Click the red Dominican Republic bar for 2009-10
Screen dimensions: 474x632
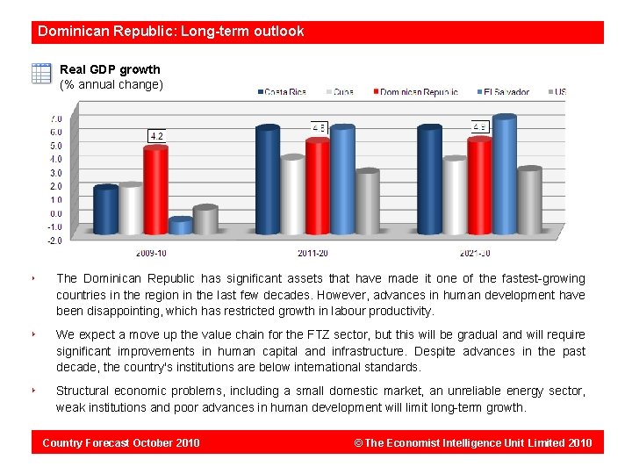[x=155, y=190]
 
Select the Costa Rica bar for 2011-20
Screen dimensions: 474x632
[x=267, y=180]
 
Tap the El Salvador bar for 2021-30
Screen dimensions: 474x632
[x=504, y=175]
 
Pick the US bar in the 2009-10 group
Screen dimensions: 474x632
[x=205, y=220]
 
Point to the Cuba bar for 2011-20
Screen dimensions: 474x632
[x=292, y=195]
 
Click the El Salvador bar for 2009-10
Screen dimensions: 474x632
[x=180, y=226]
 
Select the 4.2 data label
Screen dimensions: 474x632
[x=157, y=136]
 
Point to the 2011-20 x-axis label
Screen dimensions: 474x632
[x=313, y=253]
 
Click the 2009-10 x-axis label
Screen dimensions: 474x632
[x=151, y=253]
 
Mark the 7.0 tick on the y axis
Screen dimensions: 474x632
[x=55, y=118]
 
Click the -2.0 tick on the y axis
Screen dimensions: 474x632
[x=54, y=240]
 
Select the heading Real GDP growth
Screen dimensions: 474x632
[x=110, y=69]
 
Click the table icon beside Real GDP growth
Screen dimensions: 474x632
[x=41, y=74]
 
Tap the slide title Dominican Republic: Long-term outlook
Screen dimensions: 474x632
[x=170, y=32]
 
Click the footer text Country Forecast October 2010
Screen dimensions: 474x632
[x=121, y=442]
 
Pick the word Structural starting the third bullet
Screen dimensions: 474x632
[x=85, y=391]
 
